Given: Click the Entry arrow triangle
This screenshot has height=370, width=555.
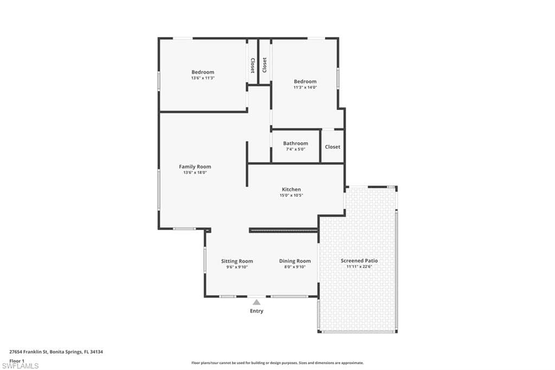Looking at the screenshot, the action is coord(256,302).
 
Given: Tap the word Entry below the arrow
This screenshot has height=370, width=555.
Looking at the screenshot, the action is coord(256,311).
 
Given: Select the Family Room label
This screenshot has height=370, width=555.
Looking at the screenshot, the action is coord(195,167).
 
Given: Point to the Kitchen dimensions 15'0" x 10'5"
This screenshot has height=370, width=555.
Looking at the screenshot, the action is coord(291,195).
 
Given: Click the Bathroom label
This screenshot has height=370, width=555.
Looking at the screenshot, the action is coord(295,143).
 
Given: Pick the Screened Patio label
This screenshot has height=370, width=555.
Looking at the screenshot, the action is coord(359,260).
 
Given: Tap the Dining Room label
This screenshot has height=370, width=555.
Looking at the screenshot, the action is coord(295,261).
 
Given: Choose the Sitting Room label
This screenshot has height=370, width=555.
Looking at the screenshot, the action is coord(237,261).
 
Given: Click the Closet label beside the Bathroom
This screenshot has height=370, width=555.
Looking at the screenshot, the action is coord(333,146).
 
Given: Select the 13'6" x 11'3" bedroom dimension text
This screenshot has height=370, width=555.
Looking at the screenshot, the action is coord(203,78).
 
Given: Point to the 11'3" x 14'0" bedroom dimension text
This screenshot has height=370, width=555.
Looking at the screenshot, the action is coord(305,87).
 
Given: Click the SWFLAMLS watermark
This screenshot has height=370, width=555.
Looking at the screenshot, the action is coord(20,366).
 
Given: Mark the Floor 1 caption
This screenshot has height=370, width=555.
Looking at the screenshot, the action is coord(17,361).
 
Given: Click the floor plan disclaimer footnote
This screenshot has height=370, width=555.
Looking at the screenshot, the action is coord(277,363).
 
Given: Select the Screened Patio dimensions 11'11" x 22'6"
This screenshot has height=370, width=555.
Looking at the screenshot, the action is coord(359,266).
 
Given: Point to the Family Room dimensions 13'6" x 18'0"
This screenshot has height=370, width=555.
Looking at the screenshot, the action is coord(195,173).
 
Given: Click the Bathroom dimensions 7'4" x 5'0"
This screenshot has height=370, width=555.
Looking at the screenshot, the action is coord(295,149).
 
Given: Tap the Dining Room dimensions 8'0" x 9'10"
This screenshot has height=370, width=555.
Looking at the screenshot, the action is coord(295,267).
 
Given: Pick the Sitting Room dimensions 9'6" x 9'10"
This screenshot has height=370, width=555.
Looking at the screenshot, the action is coord(237,267).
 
